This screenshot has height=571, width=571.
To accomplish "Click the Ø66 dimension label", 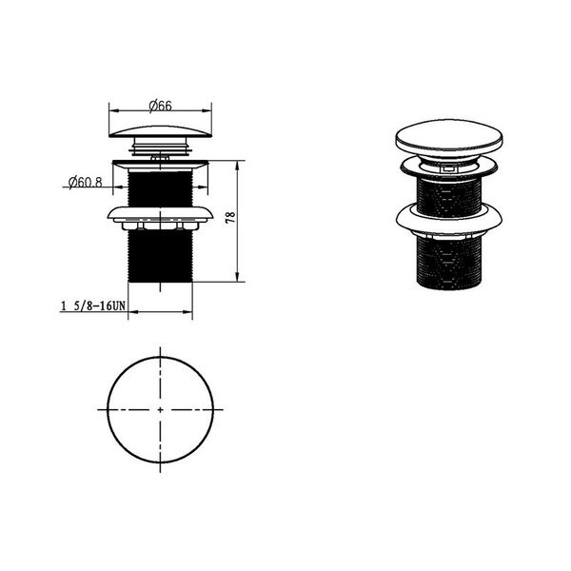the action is point(160,106).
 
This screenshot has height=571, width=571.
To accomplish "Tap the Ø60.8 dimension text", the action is point(86,182).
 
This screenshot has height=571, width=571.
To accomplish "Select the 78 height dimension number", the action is point(230,217).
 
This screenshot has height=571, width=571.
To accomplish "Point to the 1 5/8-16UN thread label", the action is point(93,305).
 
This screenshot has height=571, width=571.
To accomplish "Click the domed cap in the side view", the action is point(160,132).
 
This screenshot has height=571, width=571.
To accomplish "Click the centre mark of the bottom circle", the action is point(160,409).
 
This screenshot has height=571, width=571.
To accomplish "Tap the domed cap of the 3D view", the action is point(449,139).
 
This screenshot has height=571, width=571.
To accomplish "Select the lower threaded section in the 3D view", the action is point(448,263).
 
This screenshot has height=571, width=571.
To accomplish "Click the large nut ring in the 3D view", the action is point(449,219).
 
